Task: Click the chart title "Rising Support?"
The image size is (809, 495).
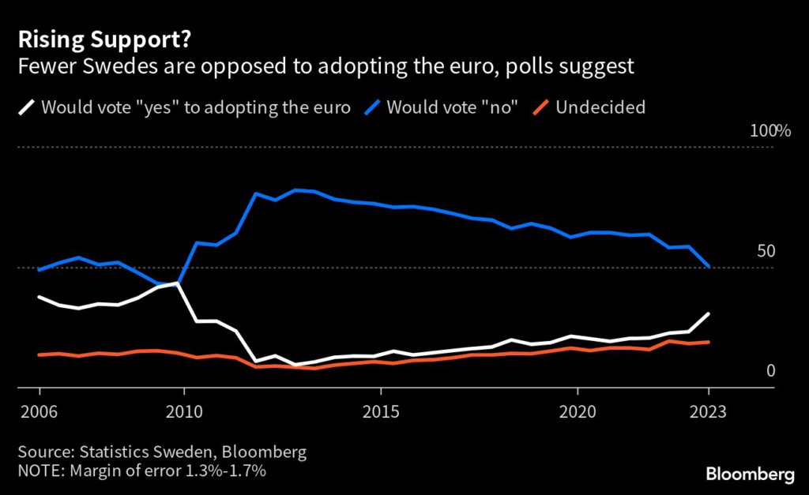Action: coord(86,39)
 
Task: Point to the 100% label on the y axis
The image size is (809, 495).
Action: coord(769,131)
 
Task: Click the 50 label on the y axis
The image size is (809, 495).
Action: coord(766,251)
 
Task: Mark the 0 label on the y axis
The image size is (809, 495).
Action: coord(770,370)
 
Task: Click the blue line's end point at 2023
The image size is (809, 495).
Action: coord(709,267)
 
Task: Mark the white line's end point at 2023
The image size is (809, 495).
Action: coord(709,313)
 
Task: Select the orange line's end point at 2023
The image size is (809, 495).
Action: coord(709,342)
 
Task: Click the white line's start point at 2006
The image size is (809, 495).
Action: coord(40,297)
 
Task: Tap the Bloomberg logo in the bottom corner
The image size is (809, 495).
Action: coord(750,474)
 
